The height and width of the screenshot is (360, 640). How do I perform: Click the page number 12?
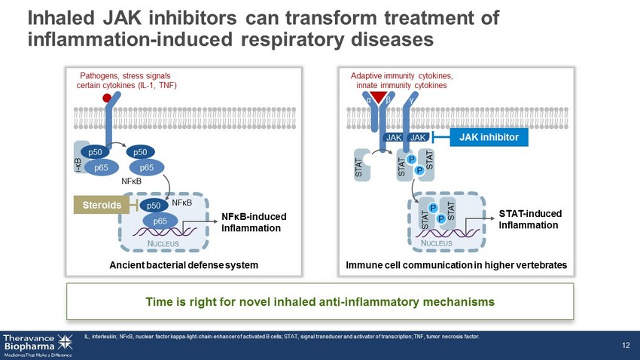click(625, 345)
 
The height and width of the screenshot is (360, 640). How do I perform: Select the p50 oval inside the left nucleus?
click(154, 205)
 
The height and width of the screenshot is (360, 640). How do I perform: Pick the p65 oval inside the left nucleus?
click(160, 221)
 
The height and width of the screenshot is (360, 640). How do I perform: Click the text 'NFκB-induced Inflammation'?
click(254, 222)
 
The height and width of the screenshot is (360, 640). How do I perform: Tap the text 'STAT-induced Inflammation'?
click(530, 220)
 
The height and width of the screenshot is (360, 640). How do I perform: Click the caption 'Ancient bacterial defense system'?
click(183, 265)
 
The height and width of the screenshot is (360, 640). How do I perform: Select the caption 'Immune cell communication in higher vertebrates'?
click(456, 265)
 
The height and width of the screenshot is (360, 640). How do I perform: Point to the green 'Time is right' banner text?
click(320, 301)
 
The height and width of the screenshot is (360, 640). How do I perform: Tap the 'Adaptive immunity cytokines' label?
click(402, 76)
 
